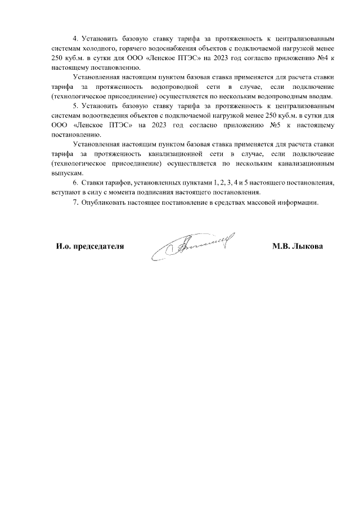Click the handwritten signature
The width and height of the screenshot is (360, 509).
[191, 247]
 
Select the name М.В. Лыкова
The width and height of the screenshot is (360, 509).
[297, 246]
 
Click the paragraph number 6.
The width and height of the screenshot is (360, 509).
[75, 183]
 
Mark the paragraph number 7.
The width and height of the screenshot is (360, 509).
[75, 202]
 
